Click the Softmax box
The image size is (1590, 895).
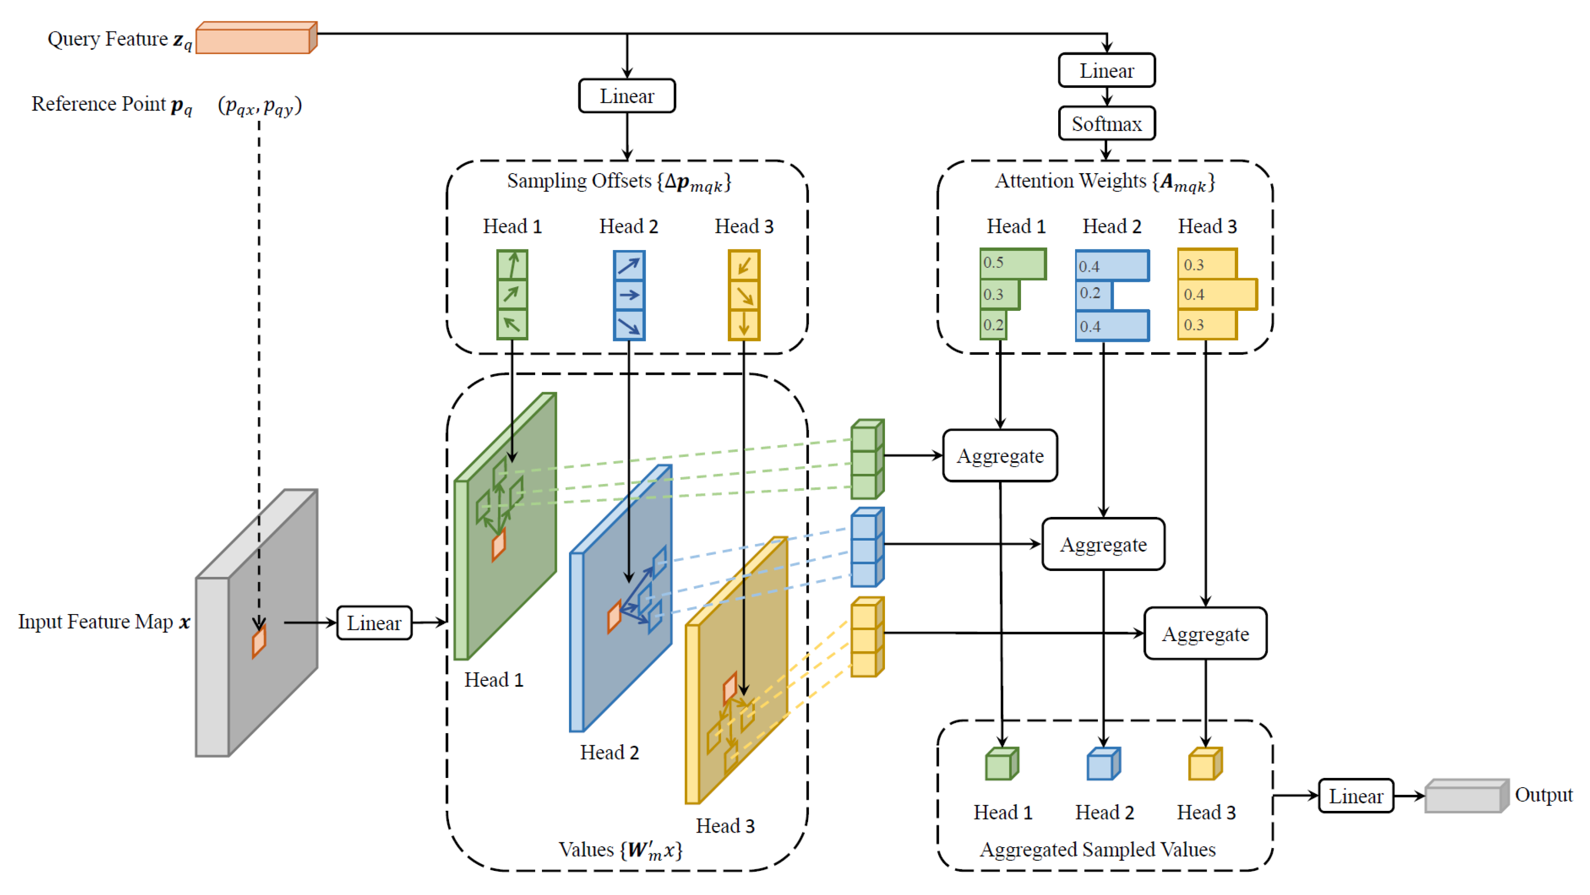(1106, 123)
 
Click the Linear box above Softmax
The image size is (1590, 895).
(1106, 70)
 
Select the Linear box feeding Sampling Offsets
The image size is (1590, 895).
(627, 96)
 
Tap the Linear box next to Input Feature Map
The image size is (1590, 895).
(374, 622)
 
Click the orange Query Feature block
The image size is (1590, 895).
(256, 38)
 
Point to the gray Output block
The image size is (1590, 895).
(1467, 796)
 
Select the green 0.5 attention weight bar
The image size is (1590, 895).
(1013, 264)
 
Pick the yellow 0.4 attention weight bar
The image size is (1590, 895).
(1217, 294)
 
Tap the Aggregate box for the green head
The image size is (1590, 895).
(1000, 456)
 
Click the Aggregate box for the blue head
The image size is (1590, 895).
(1103, 544)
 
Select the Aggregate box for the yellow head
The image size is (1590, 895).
(1205, 633)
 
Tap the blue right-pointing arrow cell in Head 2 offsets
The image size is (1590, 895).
(629, 295)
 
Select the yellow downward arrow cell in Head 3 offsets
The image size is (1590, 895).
(744, 324)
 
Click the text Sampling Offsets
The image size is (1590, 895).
(579, 181)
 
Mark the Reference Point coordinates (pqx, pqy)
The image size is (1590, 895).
(259, 105)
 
